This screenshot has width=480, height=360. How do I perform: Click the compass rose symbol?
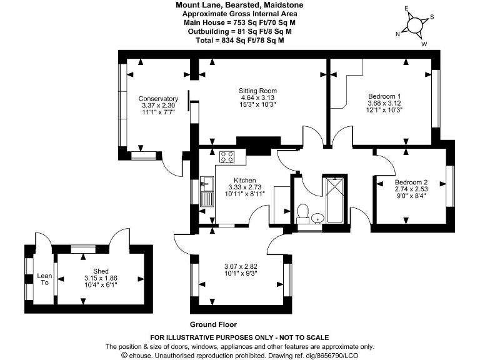pos(414,26)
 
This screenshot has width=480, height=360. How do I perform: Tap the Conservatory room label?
pos(158,99)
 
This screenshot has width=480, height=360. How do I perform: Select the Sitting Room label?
pos(258,91)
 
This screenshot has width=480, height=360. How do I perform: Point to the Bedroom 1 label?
pos(384,96)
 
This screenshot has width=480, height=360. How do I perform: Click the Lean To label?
pos(44,279)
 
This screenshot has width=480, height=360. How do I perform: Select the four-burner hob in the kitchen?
pos(227,157)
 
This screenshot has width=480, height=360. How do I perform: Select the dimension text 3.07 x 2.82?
pos(241,266)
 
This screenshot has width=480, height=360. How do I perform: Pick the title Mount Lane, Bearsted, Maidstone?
pos(239,5)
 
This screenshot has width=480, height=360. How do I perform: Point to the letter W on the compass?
pos(424,44)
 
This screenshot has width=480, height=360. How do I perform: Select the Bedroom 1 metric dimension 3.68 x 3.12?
pos(384,103)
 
